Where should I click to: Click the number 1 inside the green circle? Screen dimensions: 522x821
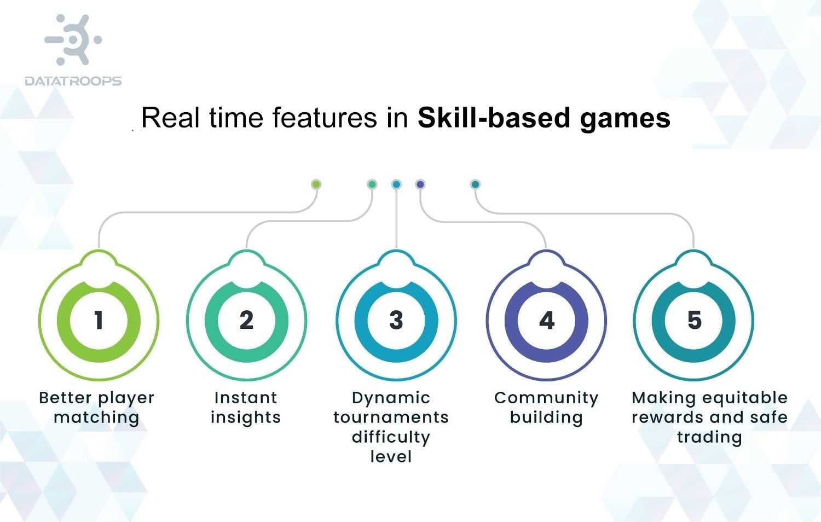point(99,321)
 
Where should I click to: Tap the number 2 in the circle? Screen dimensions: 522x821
point(246,321)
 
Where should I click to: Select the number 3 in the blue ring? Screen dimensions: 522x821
point(396,321)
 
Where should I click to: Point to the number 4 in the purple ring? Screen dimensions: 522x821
point(546,321)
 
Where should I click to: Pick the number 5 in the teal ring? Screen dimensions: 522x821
point(694,321)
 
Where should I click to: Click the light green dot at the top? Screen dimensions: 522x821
point(316,184)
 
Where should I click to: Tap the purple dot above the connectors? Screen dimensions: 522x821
point(420,184)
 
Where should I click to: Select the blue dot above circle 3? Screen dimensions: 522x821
point(396,184)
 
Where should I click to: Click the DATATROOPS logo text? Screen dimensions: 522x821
point(73,81)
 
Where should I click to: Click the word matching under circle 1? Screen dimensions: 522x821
point(96,418)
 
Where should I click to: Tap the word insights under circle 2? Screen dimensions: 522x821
point(246,418)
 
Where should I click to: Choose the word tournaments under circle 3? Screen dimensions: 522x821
point(391,417)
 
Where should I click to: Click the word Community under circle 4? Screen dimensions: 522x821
point(546,398)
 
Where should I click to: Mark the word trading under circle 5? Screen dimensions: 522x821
point(709,437)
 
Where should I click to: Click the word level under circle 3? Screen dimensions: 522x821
point(391,456)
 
